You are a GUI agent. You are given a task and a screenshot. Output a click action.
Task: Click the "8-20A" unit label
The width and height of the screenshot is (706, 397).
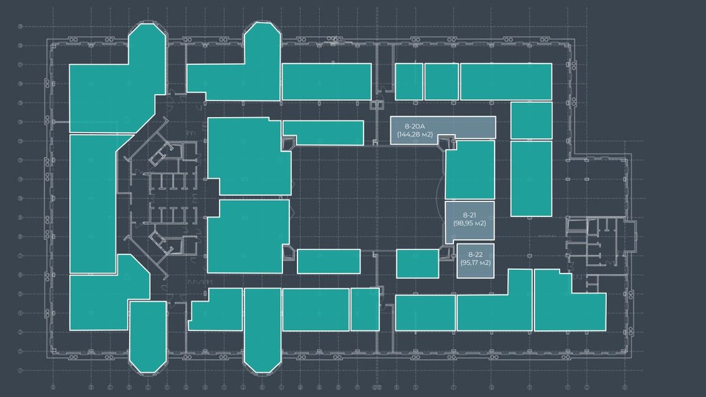coord(415,127)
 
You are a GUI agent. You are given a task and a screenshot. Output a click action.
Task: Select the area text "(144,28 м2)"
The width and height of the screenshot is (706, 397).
coord(415,134)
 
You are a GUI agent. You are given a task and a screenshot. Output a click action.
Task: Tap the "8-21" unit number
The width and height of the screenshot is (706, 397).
coord(470,215)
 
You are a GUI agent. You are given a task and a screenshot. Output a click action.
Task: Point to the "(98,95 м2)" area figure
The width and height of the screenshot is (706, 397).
coord(470,223)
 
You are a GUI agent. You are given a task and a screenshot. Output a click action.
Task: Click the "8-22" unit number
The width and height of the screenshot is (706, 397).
coord(475,254)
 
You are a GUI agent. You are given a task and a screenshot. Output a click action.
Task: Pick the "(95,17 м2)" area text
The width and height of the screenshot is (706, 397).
coord(475,262)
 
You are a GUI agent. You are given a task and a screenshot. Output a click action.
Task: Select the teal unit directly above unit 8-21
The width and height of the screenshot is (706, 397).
coord(470,170)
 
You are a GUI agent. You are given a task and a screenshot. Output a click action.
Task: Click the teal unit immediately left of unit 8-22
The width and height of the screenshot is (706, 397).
coord(417,263)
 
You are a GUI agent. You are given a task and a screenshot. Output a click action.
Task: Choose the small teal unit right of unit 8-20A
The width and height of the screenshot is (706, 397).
coord(531,121)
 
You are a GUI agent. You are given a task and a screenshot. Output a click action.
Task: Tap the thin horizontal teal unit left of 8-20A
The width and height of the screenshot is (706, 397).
coord(323,133)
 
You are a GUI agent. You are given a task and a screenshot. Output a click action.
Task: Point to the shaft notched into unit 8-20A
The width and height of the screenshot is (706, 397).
coord(447,142)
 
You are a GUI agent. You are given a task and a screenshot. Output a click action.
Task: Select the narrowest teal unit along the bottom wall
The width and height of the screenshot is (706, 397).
coord(365,309)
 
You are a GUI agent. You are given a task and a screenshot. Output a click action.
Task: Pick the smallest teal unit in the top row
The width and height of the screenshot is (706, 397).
coord(409,82)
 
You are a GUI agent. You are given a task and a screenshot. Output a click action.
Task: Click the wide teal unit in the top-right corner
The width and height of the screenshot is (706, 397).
coord(506,82)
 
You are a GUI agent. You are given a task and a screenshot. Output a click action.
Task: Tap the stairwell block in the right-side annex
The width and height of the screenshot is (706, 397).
coord(595,246)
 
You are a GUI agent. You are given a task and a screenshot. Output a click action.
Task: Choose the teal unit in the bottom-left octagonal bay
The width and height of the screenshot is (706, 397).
coord(148,337)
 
